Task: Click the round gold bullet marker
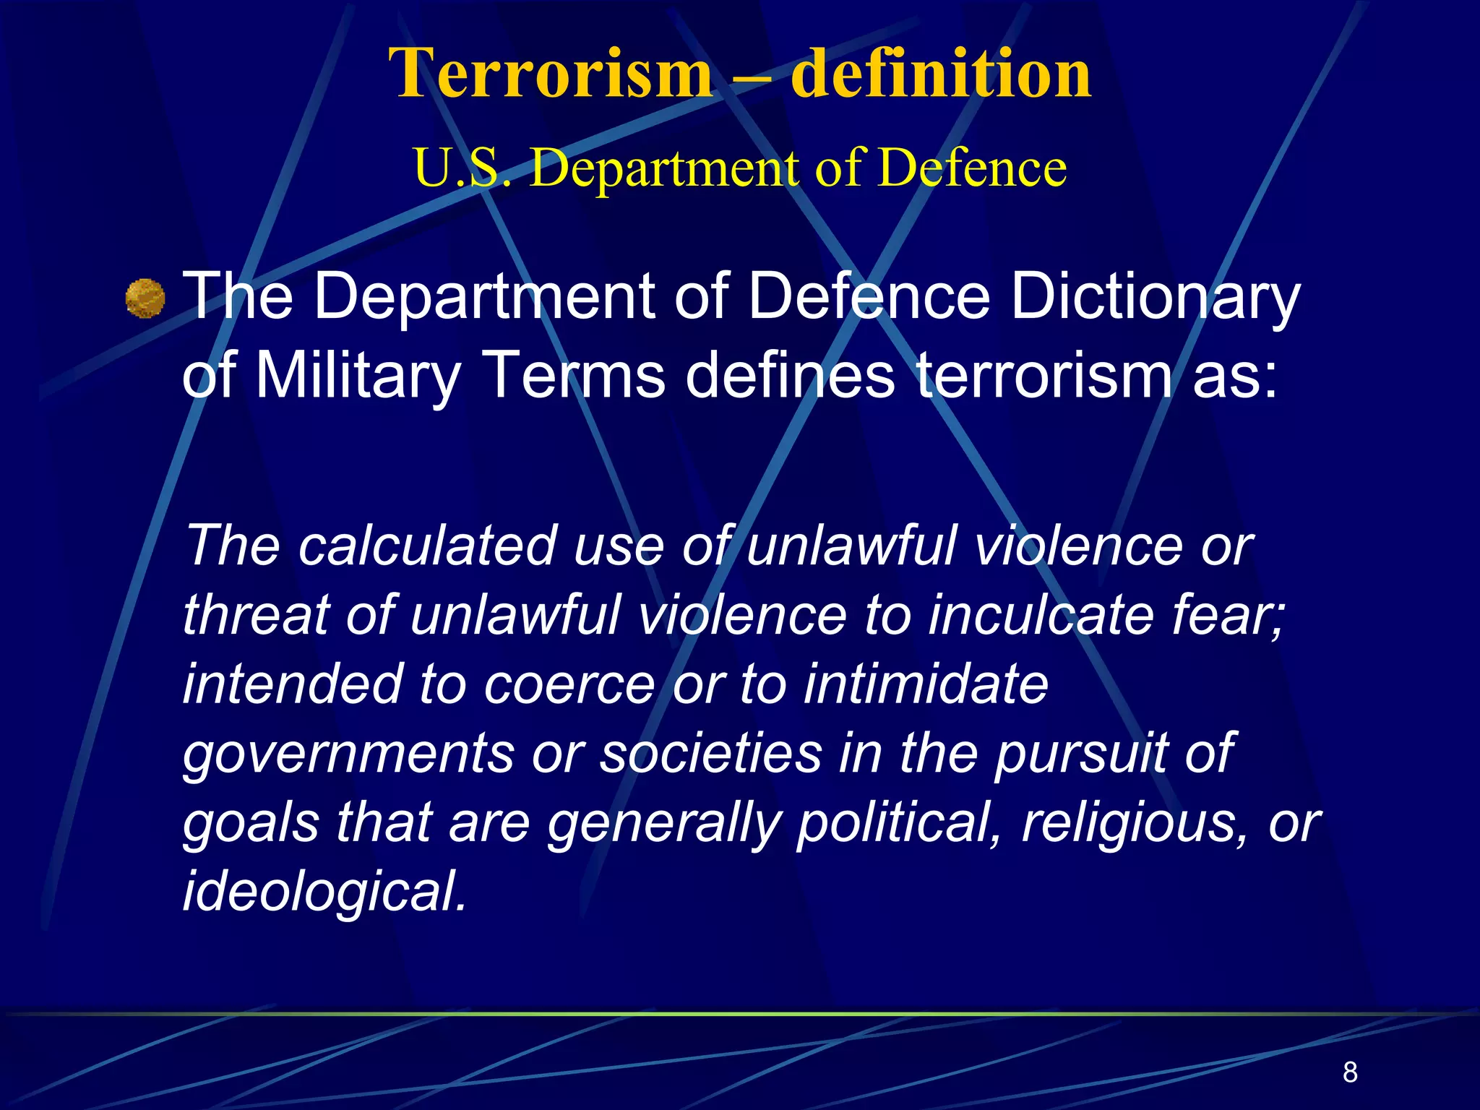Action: (145, 298)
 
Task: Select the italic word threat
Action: (256, 615)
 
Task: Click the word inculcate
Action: (1041, 615)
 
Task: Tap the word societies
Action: (711, 752)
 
